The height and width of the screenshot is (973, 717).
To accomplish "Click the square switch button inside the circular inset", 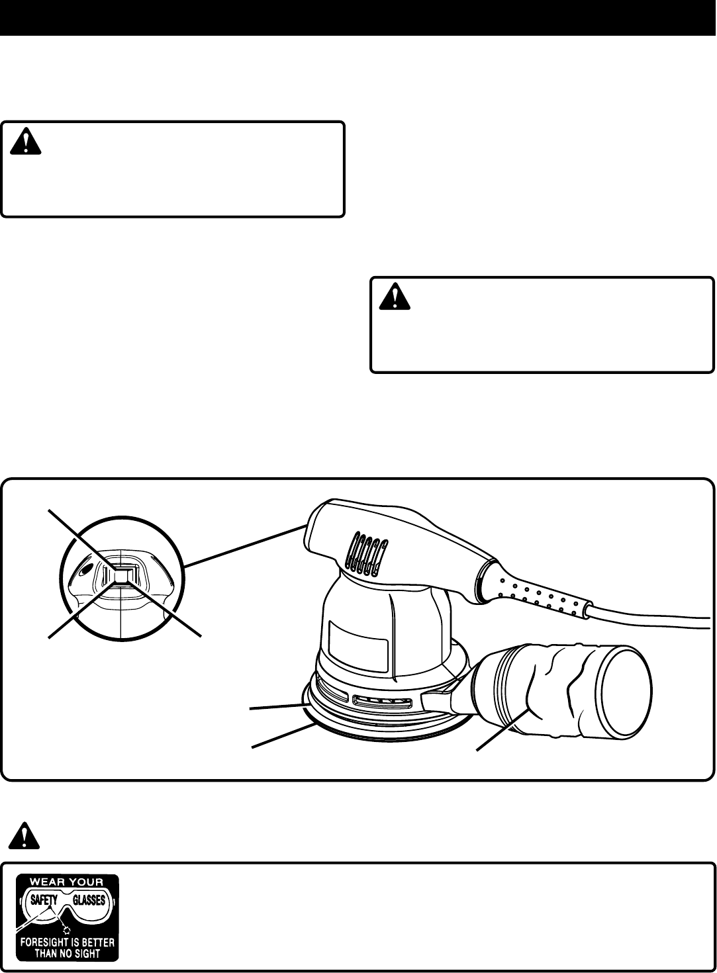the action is pos(122,576).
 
